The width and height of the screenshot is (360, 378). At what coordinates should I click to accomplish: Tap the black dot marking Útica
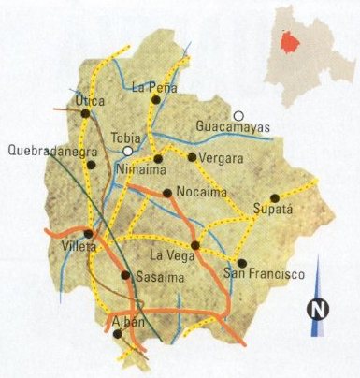tap(85, 113)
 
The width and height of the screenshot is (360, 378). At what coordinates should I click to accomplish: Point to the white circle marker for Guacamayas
tap(238, 115)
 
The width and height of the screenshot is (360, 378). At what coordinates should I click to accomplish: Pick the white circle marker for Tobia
tap(127, 150)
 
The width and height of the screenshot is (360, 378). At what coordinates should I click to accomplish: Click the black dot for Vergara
tap(192, 157)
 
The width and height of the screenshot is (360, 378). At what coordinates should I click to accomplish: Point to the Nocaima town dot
tap(166, 194)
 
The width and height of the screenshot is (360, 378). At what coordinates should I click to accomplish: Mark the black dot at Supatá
tap(274, 197)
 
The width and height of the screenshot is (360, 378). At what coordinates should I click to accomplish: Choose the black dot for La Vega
tap(195, 245)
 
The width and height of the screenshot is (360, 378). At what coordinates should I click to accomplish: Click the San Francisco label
tap(265, 275)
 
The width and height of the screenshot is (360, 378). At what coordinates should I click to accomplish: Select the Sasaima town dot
tap(126, 275)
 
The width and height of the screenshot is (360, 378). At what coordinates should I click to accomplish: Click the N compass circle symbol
tap(319, 308)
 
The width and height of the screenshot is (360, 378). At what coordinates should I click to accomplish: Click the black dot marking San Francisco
tap(241, 263)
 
